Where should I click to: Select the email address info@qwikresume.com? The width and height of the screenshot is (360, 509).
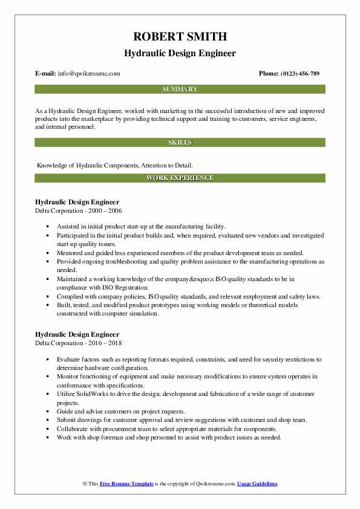coord(90,74)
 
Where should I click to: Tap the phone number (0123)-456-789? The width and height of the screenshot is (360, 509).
coord(300,74)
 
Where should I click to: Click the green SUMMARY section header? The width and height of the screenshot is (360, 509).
coord(180,89)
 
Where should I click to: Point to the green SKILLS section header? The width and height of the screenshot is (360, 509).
coord(180,142)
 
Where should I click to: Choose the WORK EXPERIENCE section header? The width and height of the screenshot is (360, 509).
coord(180,178)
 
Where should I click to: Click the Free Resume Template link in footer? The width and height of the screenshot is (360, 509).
coord(126,484)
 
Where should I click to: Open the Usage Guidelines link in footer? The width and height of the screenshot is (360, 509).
coord(257,484)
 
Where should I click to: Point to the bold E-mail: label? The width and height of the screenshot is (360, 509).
coord(47,74)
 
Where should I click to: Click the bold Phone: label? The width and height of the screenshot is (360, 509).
coord(269,74)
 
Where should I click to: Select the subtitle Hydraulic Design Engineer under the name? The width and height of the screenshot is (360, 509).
coord(180,54)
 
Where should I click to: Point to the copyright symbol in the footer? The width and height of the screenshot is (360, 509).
coord(83,484)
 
